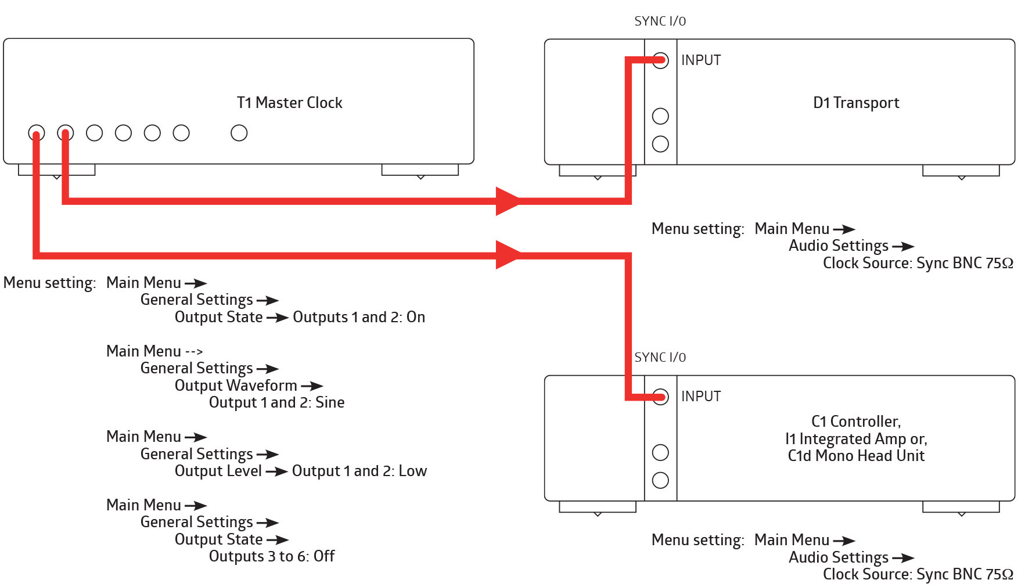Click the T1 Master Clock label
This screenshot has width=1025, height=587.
(x=289, y=103)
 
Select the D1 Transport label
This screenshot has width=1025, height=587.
(x=855, y=103)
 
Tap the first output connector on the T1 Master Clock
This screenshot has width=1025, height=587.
(x=36, y=133)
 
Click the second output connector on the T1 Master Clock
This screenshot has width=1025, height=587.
(x=65, y=133)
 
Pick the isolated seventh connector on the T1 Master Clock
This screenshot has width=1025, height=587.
(x=239, y=133)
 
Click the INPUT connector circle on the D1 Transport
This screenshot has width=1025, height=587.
(x=660, y=60)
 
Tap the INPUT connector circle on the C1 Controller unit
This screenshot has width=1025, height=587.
(x=660, y=397)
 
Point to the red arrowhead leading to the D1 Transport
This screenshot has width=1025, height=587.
(x=508, y=201)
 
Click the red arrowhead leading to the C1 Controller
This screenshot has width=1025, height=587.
(x=508, y=254)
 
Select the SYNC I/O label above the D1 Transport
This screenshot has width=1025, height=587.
(x=660, y=21)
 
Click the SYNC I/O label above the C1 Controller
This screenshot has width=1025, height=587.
(x=660, y=358)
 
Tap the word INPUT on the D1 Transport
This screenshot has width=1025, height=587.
(x=700, y=60)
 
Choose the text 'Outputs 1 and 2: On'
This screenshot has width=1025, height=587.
(x=358, y=317)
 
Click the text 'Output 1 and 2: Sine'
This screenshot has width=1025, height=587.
(x=276, y=402)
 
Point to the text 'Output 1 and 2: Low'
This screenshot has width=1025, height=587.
(x=359, y=471)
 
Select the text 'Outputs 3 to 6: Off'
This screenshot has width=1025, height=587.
(x=271, y=556)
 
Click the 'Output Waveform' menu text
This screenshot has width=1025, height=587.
(x=235, y=386)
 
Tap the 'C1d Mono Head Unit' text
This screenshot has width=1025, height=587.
(x=855, y=456)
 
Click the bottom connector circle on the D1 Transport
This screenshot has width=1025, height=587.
(x=660, y=144)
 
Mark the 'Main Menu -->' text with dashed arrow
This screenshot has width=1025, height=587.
(x=154, y=351)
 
